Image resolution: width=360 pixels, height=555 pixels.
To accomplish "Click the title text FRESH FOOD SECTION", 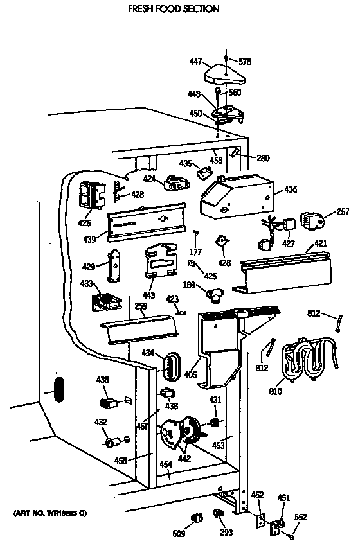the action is [x=174, y=9].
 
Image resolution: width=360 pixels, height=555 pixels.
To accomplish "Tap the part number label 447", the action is [x=196, y=62].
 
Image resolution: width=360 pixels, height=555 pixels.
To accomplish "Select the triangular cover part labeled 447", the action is [x=224, y=75].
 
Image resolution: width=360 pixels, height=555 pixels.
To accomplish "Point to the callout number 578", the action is [x=245, y=62].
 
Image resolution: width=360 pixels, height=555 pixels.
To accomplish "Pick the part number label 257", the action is [x=343, y=212].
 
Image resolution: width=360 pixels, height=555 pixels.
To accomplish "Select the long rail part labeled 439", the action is [x=147, y=222].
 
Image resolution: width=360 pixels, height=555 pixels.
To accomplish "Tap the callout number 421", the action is [x=321, y=243].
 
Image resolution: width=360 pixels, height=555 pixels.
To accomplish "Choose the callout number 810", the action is [x=275, y=391].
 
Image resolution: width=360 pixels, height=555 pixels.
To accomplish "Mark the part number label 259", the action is [x=141, y=306].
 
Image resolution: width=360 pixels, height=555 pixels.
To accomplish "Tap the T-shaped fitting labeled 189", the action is [x=214, y=294].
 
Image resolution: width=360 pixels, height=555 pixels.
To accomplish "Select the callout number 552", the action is [x=301, y=517].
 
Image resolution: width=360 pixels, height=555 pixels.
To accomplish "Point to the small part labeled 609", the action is [x=197, y=518].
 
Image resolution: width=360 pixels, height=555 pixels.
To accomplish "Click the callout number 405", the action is [x=191, y=374].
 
